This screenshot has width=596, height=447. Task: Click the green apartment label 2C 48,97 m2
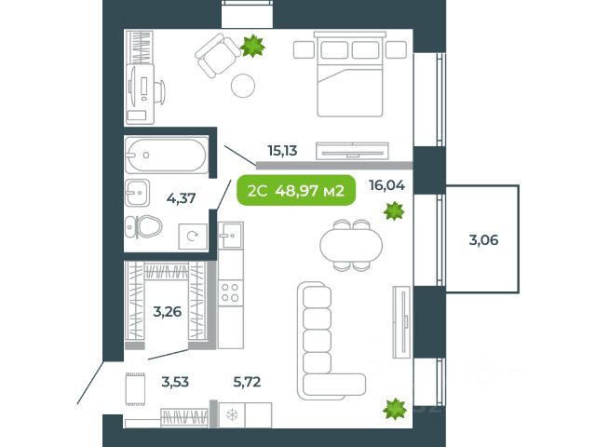point(296,190)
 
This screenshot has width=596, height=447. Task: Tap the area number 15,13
point(282,151)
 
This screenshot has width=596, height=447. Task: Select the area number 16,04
point(387,185)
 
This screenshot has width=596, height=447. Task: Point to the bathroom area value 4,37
point(182,198)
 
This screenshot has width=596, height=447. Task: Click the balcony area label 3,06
point(483,240)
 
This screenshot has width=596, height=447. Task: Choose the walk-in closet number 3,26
point(168,312)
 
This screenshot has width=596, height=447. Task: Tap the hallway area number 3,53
point(175,381)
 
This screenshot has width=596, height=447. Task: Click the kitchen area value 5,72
point(247,381)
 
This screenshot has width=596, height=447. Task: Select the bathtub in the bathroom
point(167,156)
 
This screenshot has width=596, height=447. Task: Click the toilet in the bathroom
point(143,227)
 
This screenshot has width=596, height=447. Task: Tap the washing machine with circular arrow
point(193,236)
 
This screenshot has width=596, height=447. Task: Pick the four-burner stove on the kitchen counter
point(230,292)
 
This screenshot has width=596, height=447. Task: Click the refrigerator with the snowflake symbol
point(232,415)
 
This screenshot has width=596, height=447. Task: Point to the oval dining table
point(351,245)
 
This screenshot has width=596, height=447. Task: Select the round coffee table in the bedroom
point(243,86)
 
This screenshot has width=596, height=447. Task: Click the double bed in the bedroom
point(350,74)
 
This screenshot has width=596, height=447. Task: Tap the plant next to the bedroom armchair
point(252,46)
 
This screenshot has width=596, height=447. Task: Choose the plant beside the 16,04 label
point(394,211)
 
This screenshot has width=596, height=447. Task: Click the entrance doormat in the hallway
point(135,389)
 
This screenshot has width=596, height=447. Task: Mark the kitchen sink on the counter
point(231,236)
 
